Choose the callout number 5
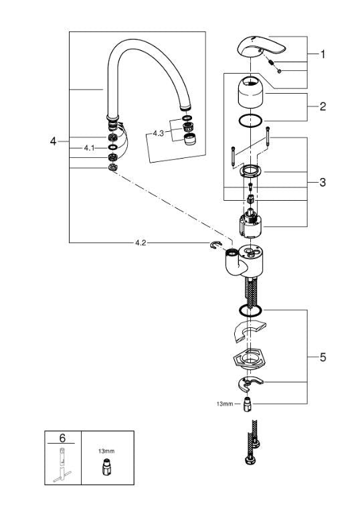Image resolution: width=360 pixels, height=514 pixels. click(323, 357)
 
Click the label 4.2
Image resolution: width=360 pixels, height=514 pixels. click(141, 243)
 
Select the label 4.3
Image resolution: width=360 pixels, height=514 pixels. click(158, 133)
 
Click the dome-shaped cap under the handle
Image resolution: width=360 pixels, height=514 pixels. click(253, 94)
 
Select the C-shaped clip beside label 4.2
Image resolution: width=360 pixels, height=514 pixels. click(215, 246)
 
